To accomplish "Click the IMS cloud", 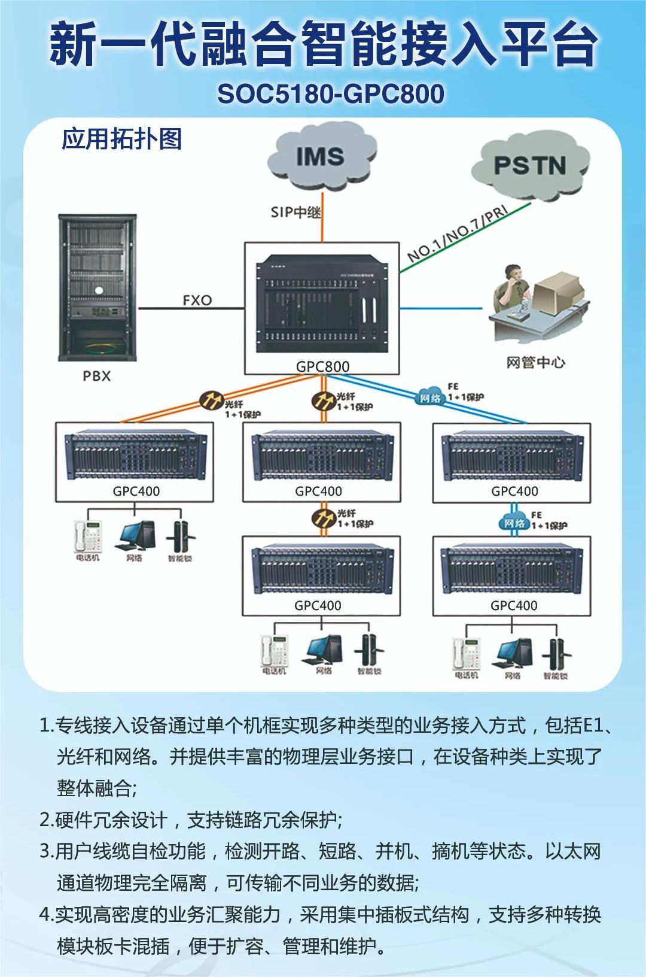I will coord(321,157).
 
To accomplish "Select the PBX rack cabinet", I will coord(97,287).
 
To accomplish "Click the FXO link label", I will coord(197,300).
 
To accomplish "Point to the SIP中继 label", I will coord(295,212).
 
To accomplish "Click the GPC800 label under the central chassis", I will coord(322,366).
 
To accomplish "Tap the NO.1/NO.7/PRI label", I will coord(458,233).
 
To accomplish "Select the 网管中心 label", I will coord(535,362).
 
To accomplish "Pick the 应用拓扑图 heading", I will coord(121,139).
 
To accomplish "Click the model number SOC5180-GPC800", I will coord(331,94).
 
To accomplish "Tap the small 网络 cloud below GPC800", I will coord(429,398).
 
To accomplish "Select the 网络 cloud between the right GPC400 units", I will coord(514,523).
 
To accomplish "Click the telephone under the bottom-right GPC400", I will coord(467,654).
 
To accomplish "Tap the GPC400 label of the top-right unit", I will coord(514,491).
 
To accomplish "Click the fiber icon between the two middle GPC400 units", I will coord(323,517).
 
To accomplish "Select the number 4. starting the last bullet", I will coord(46,915).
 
